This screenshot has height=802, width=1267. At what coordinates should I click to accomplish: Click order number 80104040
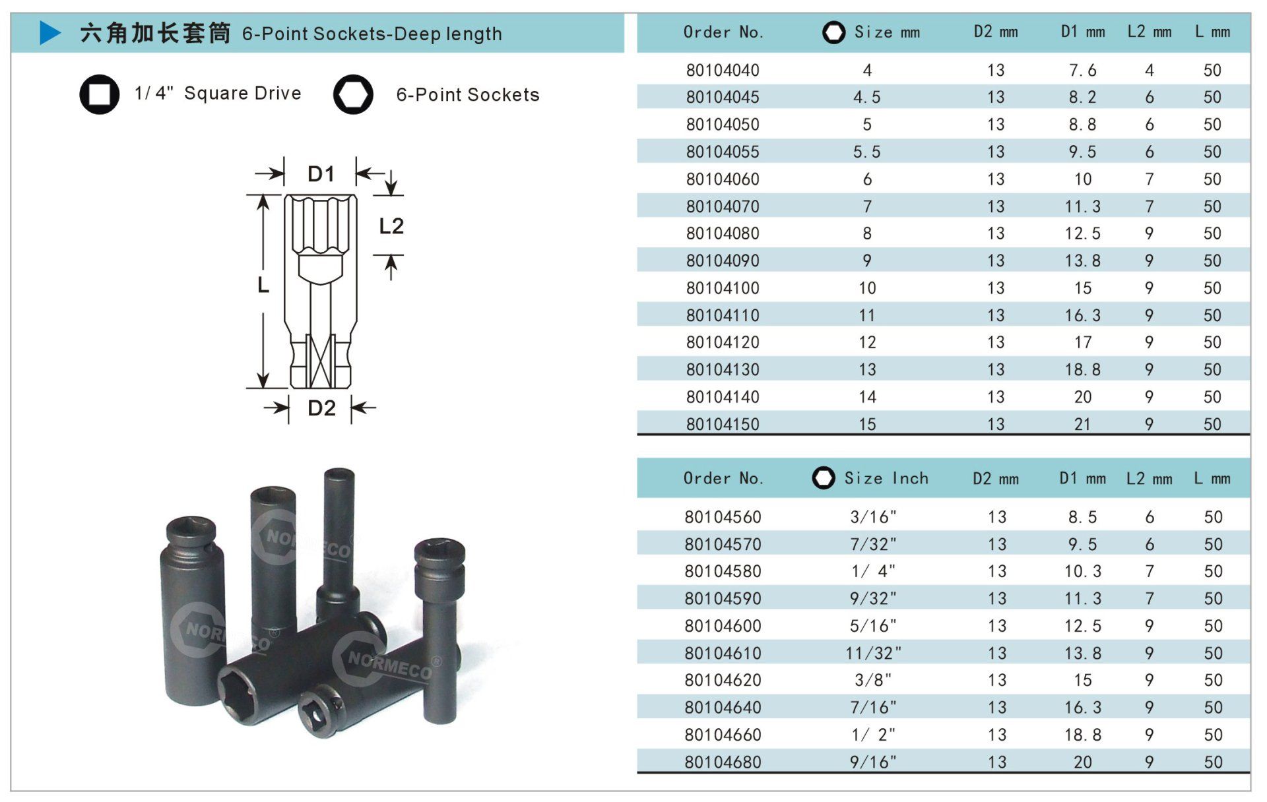[723, 70]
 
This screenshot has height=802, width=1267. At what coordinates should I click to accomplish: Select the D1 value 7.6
[1082, 70]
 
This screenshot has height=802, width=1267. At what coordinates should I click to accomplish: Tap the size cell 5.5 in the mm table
[866, 152]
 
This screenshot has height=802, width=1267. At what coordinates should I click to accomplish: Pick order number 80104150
[723, 424]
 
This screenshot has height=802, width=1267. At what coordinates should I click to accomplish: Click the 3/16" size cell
[873, 516]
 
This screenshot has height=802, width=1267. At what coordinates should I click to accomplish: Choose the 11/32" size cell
[873, 653]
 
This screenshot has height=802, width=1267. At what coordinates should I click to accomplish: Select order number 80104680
[723, 762]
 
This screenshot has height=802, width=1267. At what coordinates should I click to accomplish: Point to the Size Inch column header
[886, 478]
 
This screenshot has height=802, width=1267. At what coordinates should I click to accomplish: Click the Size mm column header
[887, 32]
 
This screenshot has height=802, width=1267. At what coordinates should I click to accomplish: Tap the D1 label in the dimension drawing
[321, 174]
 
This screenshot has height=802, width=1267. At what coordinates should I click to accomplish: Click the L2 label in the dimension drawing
[391, 226]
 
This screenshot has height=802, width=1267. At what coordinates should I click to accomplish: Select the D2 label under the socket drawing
[322, 408]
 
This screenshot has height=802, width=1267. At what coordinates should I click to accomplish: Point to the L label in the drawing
[263, 285]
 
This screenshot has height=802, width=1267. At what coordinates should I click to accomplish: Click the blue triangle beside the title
[49, 32]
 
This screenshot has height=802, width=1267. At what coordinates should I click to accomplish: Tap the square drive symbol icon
[100, 94]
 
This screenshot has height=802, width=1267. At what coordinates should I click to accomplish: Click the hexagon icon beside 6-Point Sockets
[353, 94]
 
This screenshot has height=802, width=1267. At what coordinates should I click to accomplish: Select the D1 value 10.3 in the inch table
[1082, 571]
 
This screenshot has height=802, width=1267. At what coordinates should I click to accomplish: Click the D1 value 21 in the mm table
[1082, 424]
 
